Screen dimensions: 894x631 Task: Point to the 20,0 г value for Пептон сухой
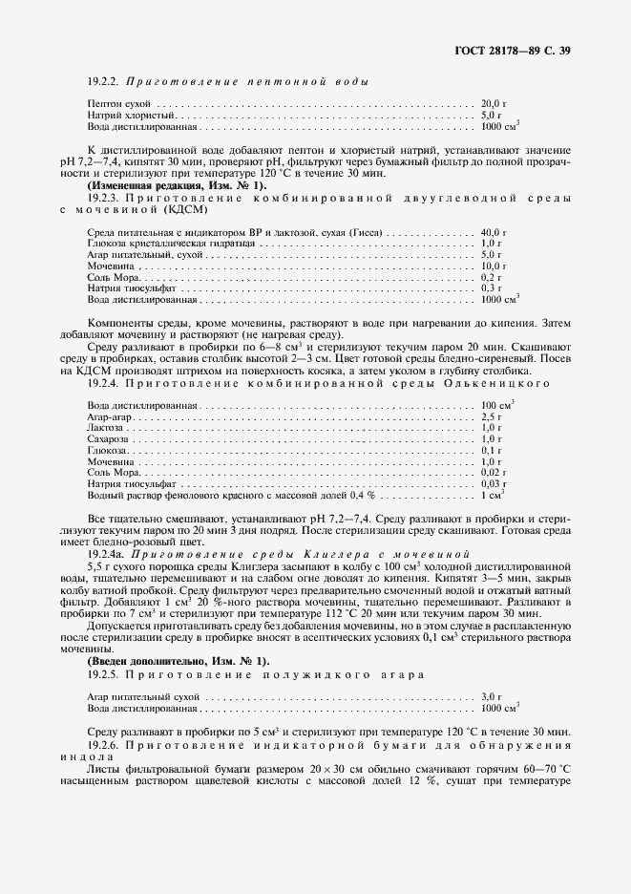pos(492,102)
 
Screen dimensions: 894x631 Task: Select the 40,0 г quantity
pos(492,233)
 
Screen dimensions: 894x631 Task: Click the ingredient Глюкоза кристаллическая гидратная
pos(161,245)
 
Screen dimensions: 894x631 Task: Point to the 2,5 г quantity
pos(490,417)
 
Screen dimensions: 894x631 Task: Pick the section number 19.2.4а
pos(105,553)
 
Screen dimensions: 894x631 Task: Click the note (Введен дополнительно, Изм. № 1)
pos(165,661)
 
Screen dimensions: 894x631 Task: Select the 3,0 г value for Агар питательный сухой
pos(490,697)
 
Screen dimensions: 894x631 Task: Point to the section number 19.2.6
pos(102,742)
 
